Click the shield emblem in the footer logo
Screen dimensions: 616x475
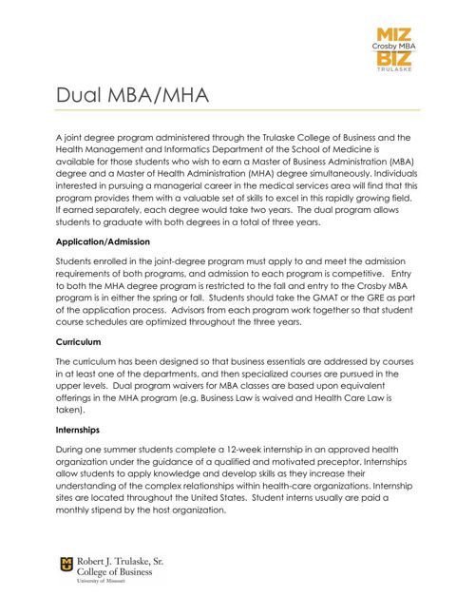coord(66,567)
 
